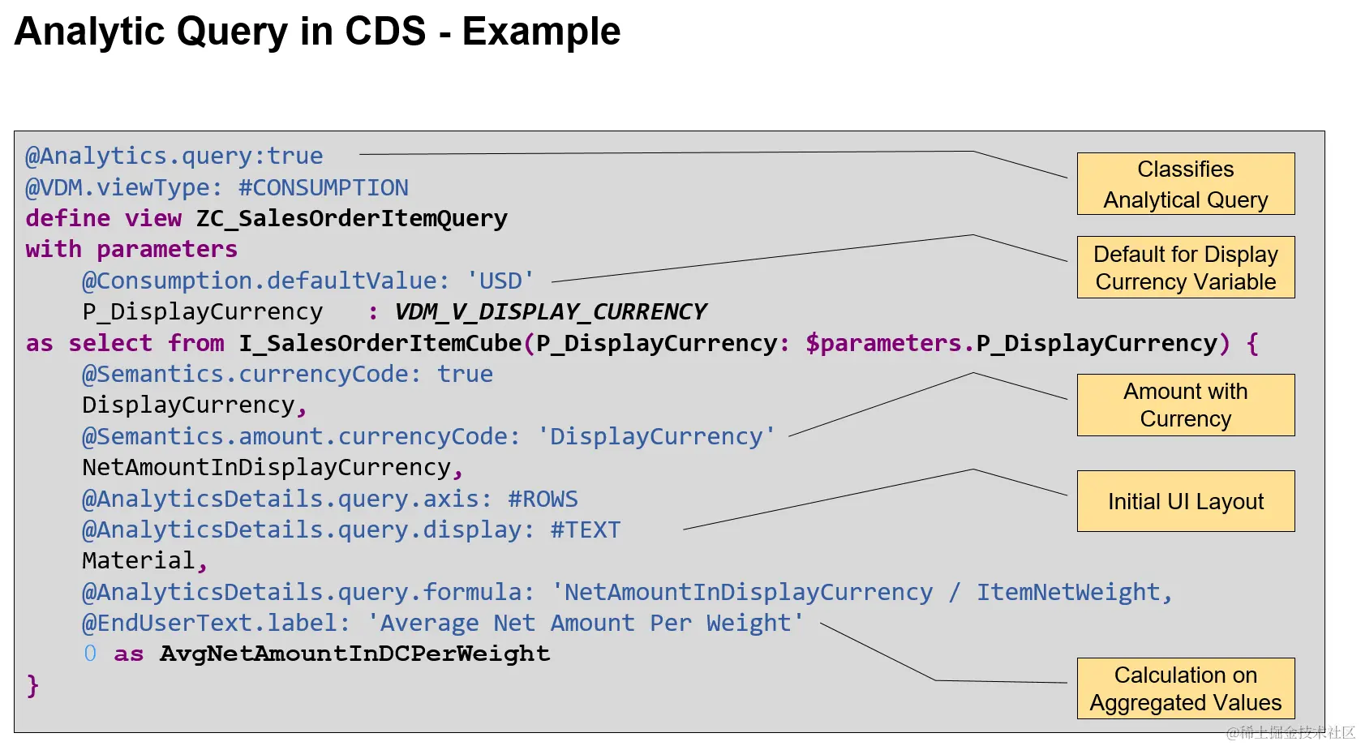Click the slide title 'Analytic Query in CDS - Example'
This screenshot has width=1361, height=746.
coord(317,32)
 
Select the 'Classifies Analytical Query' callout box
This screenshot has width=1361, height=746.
coord(1185,184)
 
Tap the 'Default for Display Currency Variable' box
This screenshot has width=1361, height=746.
coord(1185,268)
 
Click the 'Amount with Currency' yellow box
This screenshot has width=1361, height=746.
coord(1185,405)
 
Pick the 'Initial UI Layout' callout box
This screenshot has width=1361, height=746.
coord(1185,501)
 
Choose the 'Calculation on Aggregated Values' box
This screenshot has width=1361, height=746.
coord(1185,688)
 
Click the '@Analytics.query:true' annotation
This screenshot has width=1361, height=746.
coord(174,156)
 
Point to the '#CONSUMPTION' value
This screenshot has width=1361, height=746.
coord(323,187)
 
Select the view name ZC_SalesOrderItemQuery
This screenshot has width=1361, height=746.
coord(351,218)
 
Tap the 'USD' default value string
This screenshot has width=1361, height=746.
coord(500,281)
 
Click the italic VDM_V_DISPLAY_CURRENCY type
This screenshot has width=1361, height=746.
coord(550,311)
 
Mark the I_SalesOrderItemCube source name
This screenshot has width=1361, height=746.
coord(380,343)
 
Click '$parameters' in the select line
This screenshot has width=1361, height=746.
coord(882,343)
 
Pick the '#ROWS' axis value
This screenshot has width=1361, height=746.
coord(543,499)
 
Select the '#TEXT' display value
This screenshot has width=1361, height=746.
coord(585,529)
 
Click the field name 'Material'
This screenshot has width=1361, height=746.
coord(138,560)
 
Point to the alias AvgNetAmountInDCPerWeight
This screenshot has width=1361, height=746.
coord(354,654)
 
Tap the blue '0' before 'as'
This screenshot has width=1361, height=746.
coord(90,654)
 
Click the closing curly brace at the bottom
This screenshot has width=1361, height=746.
coord(32,685)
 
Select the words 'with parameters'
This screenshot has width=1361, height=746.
coord(131,249)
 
